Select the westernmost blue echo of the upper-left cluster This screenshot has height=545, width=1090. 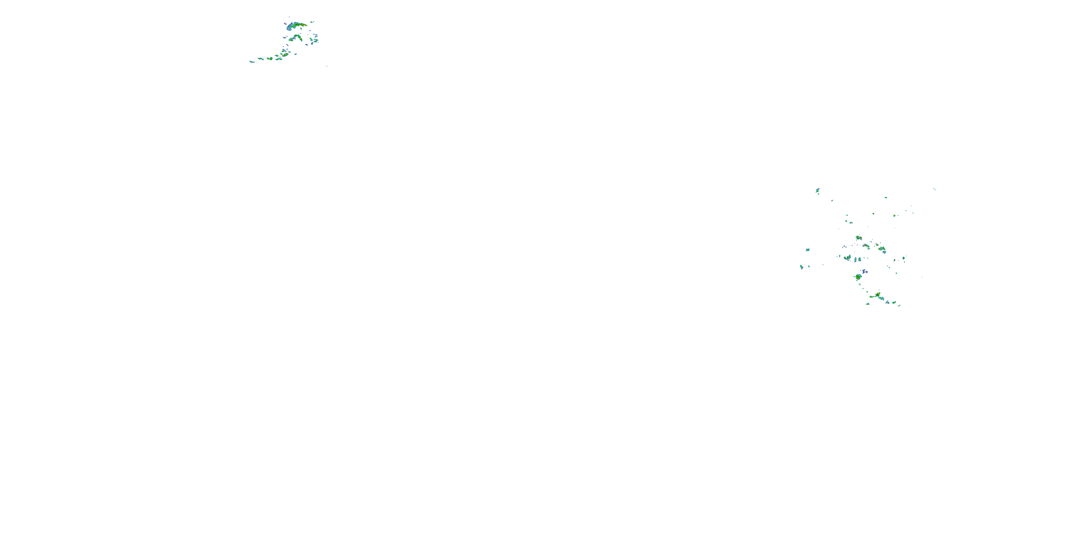[252, 62]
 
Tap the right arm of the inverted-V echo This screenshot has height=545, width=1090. [300, 38]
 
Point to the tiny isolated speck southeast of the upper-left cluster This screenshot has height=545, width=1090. [326, 66]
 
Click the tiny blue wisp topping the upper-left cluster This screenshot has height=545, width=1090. [290, 17]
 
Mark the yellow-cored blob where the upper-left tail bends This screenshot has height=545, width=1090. [285, 54]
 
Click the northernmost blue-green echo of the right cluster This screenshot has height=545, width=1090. [817, 190]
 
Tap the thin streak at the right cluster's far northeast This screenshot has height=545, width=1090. [934, 189]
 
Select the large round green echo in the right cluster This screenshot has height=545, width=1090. [858, 277]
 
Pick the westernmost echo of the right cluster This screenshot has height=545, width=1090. [802, 267]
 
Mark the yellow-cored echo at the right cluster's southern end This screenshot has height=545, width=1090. [878, 295]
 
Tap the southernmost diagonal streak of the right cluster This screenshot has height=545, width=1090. [899, 306]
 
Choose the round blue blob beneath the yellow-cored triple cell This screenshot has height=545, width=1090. [884, 252]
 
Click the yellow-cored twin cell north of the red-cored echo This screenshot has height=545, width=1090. [859, 238]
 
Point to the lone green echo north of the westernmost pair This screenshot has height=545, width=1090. [807, 250]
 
